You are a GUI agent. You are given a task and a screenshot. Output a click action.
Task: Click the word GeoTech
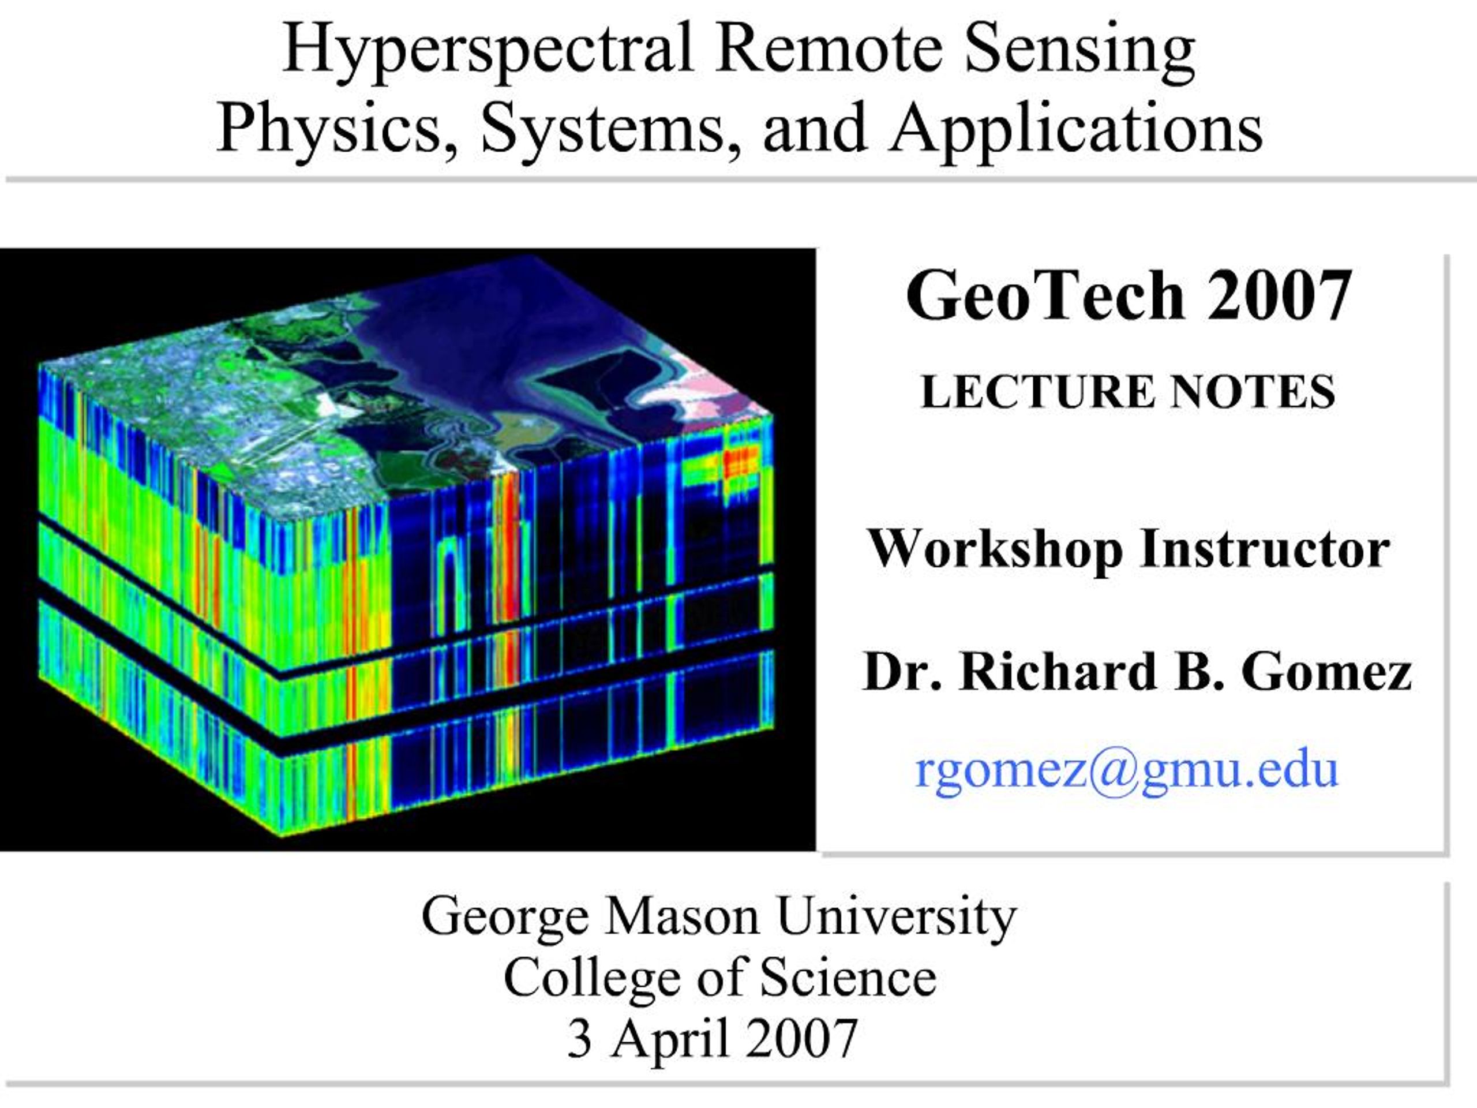click(x=1044, y=297)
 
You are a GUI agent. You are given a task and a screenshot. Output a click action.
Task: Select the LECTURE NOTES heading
click(x=1128, y=392)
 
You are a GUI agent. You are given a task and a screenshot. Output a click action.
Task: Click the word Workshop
click(x=995, y=549)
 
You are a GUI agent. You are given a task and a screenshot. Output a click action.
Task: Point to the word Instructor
click(x=1265, y=549)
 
